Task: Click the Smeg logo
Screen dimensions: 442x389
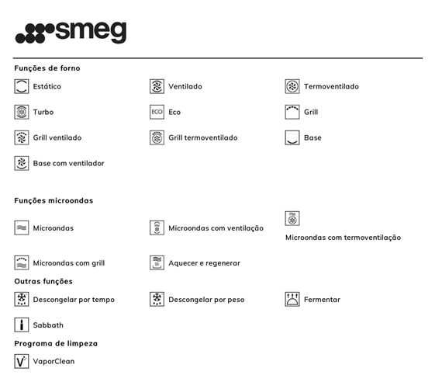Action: click(71, 33)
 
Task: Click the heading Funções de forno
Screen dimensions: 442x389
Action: click(47, 68)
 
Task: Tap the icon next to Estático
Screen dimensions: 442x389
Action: click(22, 86)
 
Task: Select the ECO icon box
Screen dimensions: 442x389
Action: click(157, 112)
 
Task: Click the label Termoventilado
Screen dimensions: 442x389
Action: click(331, 86)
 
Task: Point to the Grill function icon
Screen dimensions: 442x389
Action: click(292, 112)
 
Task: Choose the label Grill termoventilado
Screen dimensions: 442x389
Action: click(202, 137)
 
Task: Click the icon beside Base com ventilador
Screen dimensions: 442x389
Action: click(22, 163)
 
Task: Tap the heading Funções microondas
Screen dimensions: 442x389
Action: click(54, 200)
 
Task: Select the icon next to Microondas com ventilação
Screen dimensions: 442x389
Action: click(157, 227)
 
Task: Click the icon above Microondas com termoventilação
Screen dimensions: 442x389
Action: click(292, 218)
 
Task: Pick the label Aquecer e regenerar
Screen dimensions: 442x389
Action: click(204, 263)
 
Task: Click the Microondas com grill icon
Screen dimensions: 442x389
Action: click(22, 262)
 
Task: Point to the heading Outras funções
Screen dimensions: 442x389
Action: click(43, 281)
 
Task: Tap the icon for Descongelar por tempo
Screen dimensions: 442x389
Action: click(22, 299)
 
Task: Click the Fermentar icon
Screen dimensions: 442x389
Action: click(292, 299)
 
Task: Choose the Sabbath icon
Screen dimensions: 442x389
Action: click(22, 325)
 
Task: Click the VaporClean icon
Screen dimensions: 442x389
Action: click(22, 361)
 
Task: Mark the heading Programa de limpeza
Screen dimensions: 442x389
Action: click(56, 343)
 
